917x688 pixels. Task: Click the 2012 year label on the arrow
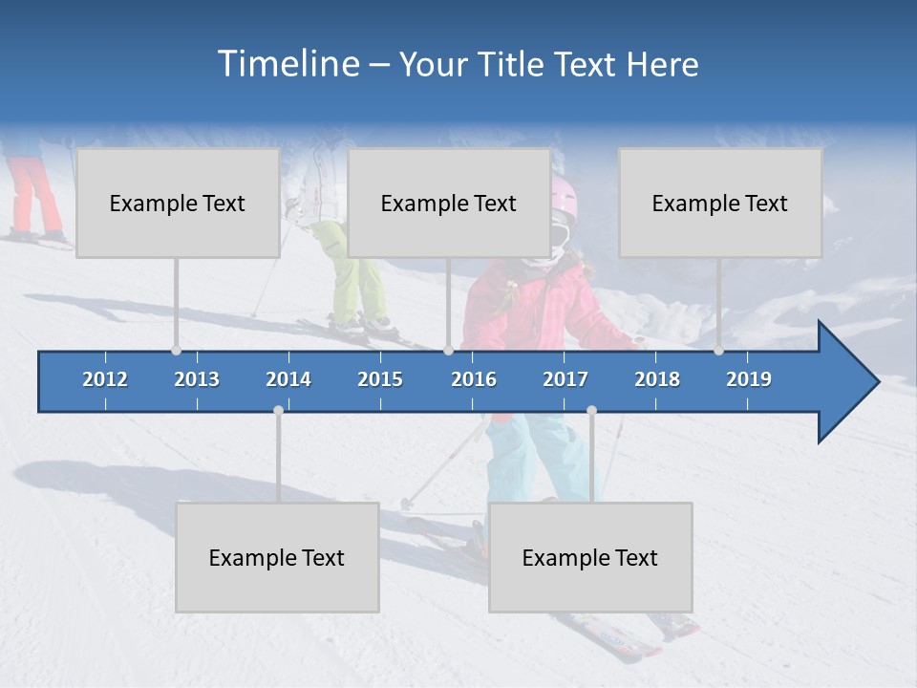(105, 379)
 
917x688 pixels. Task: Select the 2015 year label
(380, 379)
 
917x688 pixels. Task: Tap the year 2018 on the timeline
(657, 379)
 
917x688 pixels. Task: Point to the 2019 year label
(749, 379)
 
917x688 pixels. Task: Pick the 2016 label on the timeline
(474, 379)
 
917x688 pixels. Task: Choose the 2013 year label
(197, 379)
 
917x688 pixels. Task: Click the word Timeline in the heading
(288, 64)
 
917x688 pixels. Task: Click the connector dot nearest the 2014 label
(278, 410)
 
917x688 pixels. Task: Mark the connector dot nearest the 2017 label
(591, 410)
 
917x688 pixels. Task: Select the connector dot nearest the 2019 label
(718, 351)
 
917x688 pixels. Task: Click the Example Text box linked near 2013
(178, 203)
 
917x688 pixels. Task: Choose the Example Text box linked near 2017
(590, 557)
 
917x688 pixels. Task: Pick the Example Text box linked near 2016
(449, 203)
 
